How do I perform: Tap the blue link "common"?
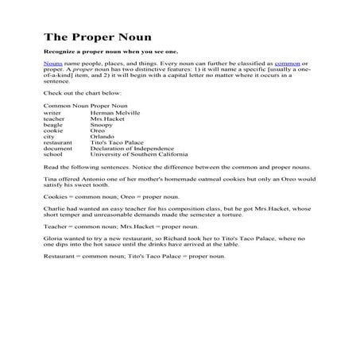click(x=287, y=62)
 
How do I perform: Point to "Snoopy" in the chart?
click(x=104, y=125)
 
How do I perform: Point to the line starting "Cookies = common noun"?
click(x=111, y=195)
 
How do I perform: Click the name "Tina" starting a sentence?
click(x=50, y=179)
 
